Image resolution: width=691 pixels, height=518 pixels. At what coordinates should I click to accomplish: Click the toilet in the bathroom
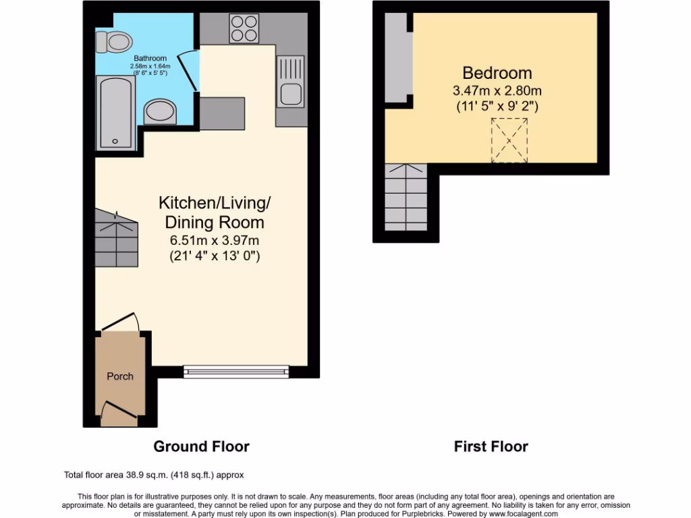[x=113, y=42]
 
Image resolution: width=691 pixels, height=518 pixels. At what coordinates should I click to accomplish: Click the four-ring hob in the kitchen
[x=244, y=29]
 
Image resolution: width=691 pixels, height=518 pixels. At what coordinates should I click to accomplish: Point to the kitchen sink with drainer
[x=291, y=82]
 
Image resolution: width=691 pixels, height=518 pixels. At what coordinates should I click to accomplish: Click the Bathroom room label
[x=150, y=59]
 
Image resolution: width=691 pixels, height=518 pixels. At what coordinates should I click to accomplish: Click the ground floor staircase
[x=116, y=237]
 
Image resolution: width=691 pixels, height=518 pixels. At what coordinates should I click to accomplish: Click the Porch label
[x=120, y=376]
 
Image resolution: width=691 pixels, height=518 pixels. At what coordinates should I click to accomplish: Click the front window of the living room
[x=236, y=370]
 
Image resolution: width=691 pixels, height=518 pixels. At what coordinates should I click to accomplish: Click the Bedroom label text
[x=497, y=73]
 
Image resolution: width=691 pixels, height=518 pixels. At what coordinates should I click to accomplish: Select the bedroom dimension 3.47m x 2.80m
[x=497, y=90]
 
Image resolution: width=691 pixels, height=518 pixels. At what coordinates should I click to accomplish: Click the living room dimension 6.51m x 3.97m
[x=215, y=240]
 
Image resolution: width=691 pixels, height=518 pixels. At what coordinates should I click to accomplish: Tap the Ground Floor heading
[x=201, y=447]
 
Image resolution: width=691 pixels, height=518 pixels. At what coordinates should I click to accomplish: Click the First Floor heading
[x=491, y=447]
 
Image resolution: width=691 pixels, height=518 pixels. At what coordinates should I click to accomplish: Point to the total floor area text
[x=158, y=475]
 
